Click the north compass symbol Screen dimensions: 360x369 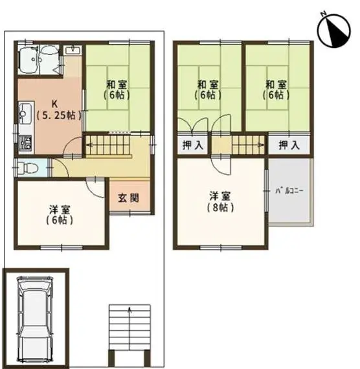[333, 30]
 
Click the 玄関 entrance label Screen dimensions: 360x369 [129, 198]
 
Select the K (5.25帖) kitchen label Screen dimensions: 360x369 [59, 109]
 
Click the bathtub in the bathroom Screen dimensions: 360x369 [28, 60]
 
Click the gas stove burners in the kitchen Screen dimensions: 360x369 [25, 143]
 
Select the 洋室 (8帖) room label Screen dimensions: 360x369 [220, 202]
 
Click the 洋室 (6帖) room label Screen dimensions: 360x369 [60, 215]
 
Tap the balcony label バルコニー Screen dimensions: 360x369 [289, 190]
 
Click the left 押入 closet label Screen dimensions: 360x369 [193, 145]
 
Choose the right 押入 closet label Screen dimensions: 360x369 [289, 145]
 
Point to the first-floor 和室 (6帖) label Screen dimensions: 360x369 [117, 90]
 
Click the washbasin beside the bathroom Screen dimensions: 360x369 [73, 50]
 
